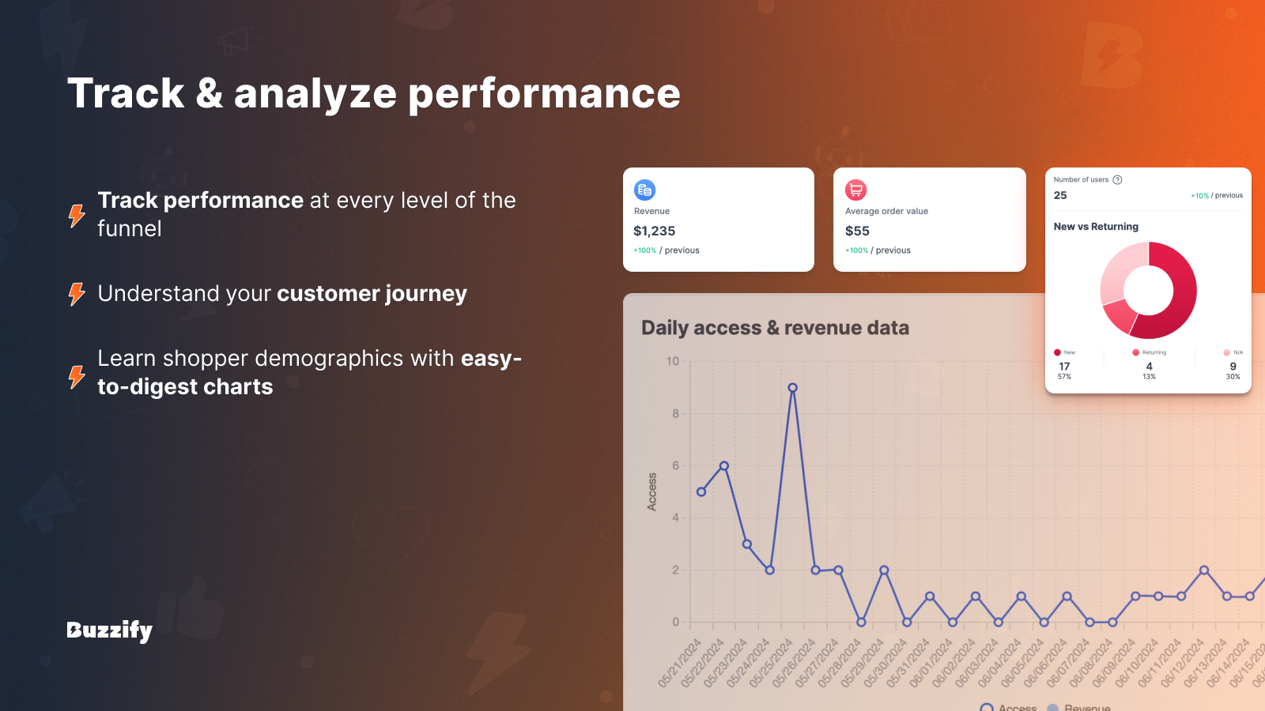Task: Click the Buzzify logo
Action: (x=109, y=630)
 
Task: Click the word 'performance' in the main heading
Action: (x=544, y=93)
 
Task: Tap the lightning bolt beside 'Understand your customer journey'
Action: (x=77, y=294)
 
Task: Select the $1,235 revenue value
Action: (x=654, y=231)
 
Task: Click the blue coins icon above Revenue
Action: (x=644, y=190)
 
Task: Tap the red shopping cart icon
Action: (x=855, y=190)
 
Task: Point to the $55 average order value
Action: (x=857, y=231)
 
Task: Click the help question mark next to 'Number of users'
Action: (x=1117, y=179)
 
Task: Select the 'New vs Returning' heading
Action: (x=1096, y=227)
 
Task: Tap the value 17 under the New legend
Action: (x=1064, y=366)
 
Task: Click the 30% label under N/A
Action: (x=1233, y=377)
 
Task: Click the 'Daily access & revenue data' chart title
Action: (x=775, y=328)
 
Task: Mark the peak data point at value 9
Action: (x=792, y=388)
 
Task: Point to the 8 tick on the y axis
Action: (x=675, y=413)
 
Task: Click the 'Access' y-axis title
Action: (x=652, y=491)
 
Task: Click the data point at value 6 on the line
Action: (x=723, y=466)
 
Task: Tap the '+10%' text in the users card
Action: (x=1199, y=196)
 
